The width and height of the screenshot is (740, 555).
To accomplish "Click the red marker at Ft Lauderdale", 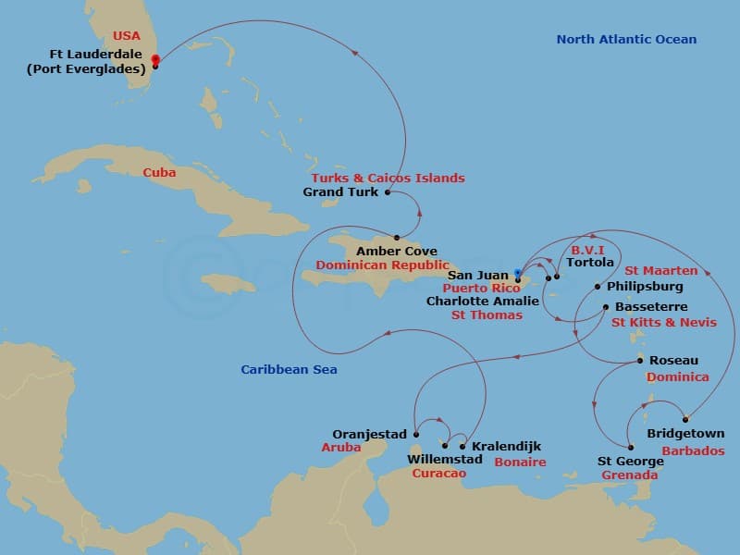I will [154, 60].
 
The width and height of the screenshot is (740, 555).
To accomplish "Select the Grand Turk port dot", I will [387, 192].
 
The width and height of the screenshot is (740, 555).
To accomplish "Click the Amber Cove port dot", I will [397, 238].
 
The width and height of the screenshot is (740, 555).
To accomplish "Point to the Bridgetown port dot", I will [685, 419].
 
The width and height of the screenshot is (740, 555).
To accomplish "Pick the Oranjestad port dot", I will [416, 434].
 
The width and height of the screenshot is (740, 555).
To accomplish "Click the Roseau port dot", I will [639, 361].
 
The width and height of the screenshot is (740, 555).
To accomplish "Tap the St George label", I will [630, 461].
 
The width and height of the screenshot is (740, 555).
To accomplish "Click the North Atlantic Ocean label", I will [626, 39].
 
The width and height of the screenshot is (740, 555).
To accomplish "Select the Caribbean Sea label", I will [289, 370].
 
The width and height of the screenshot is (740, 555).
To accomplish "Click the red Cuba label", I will [159, 172].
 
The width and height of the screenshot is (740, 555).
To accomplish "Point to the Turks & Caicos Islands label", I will [388, 178].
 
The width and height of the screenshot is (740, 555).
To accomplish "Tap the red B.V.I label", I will [587, 250].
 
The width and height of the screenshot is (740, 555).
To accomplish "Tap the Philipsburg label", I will [647, 287].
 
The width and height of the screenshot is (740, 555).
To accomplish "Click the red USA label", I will [127, 36].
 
